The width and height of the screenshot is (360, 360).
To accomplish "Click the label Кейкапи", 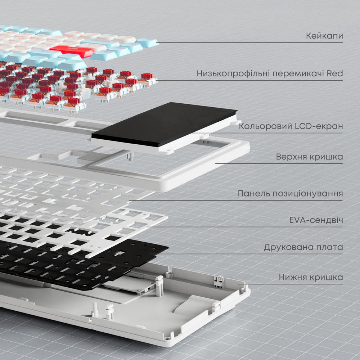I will pos(324,36).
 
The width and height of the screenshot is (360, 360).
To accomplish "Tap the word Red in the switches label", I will pos(335,74).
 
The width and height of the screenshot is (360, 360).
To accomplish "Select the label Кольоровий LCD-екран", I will pos(291,127).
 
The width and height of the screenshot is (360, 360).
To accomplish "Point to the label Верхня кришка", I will pos(310,157).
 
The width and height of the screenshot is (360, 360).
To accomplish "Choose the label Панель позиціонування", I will pos(290,194).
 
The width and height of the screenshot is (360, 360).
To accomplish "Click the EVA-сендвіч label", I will pos(316,220).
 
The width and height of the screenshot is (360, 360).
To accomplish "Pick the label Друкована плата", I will pos(303,247).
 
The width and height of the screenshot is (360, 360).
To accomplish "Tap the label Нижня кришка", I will pos(311,278).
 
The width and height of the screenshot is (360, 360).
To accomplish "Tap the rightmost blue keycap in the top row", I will pos(147,42).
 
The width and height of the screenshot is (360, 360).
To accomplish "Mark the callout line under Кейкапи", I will pos(252,43).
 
